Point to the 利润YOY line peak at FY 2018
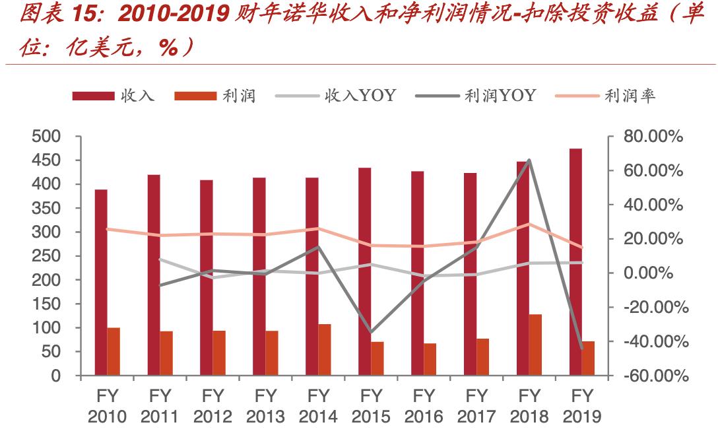pyautogui.click(x=529, y=160)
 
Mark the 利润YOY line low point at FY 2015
pyautogui.click(x=371, y=332)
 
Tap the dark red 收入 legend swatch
pyautogui.click(x=93, y=96)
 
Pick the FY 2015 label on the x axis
pyautogui.click(x=371, y=406)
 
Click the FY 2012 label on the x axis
pyautogui.click(x=212, y=406)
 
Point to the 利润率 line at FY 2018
pyautogui.click(x=529, y=224)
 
